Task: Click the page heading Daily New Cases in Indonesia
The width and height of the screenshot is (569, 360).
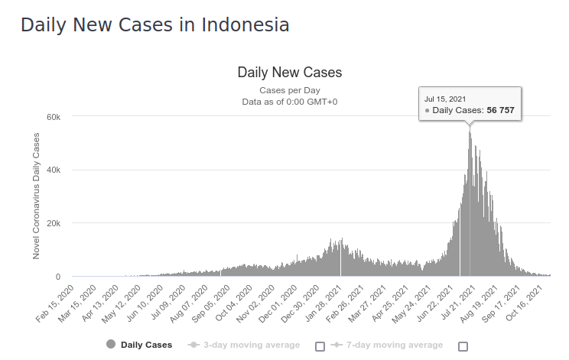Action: (154, 24)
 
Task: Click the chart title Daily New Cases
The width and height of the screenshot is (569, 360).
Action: (289, 73)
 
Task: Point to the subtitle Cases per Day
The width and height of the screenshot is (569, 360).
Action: (289, 90)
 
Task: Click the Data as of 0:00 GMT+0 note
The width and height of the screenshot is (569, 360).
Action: (289, 101)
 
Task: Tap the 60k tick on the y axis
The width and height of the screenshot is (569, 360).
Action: (54, 116)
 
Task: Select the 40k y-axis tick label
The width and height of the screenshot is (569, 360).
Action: (54, 170)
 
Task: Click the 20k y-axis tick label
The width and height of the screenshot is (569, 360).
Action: (54, 223)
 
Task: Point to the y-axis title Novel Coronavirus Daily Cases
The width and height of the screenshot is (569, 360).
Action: (36, 196)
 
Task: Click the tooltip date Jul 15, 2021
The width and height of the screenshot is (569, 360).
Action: (445, 99)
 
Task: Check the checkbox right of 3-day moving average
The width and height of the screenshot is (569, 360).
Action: (320, 345)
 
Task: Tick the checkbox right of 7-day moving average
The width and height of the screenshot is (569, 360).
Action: (463, 345)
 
